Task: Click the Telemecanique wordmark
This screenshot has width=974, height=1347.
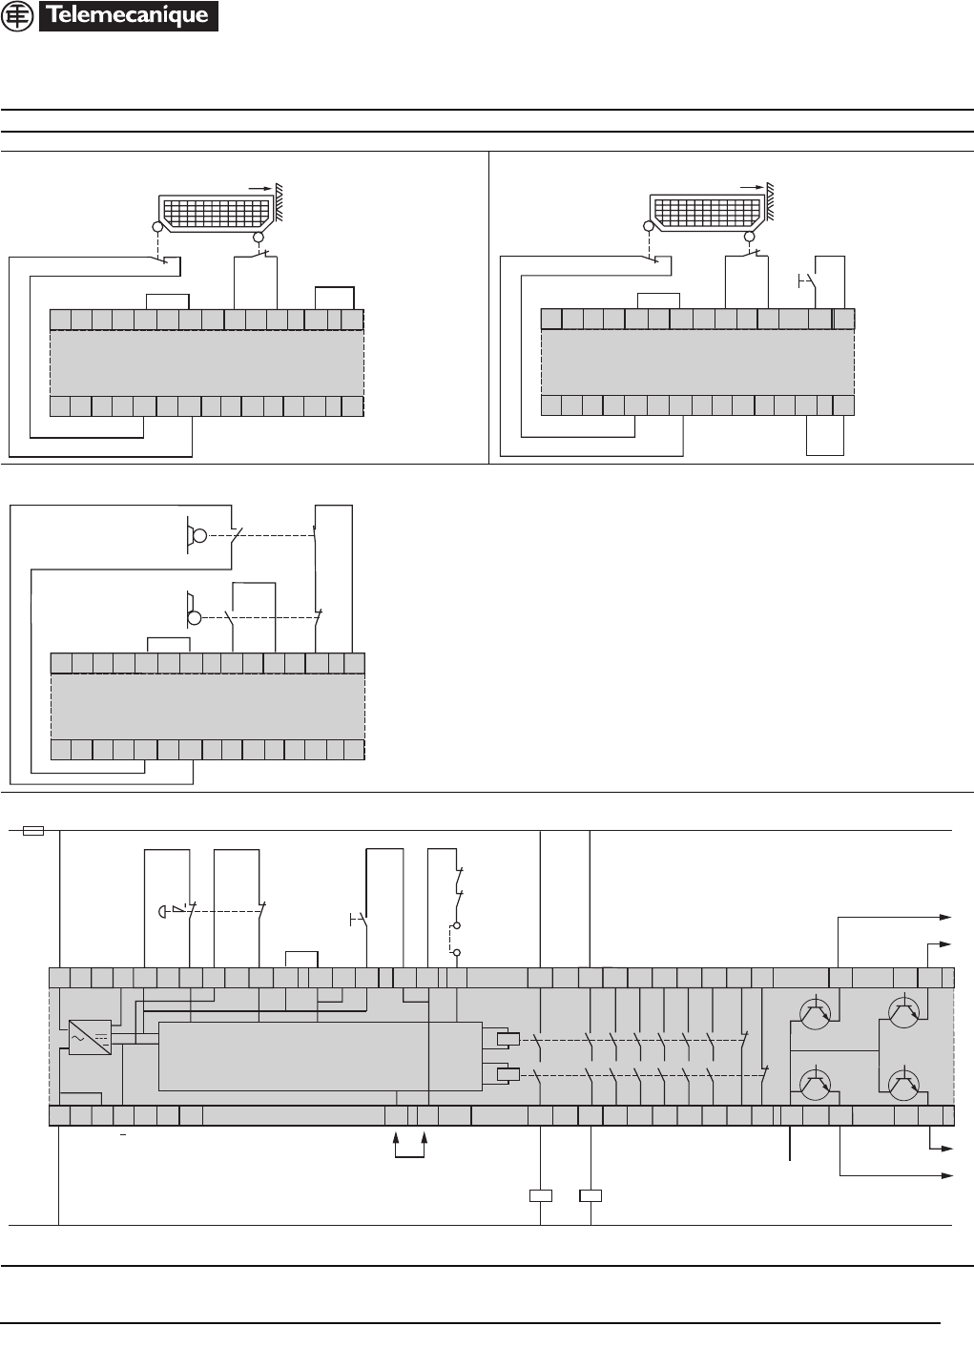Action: [128, 16]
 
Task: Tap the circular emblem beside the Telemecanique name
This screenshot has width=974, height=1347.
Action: [18, 16]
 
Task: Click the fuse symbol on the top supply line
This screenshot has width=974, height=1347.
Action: [32, 831]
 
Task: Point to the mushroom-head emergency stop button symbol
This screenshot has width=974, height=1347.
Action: [164, 910]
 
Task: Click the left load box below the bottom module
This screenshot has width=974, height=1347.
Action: [541, 1195]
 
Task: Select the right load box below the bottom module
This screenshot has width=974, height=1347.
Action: [591, 1195]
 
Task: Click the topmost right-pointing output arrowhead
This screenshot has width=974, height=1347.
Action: [946, 917]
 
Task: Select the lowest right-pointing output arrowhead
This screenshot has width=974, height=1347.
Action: [946, 1174]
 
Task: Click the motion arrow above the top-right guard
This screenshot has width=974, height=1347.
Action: [753, 189]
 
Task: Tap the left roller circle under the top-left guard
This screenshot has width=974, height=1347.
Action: [157, 227]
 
